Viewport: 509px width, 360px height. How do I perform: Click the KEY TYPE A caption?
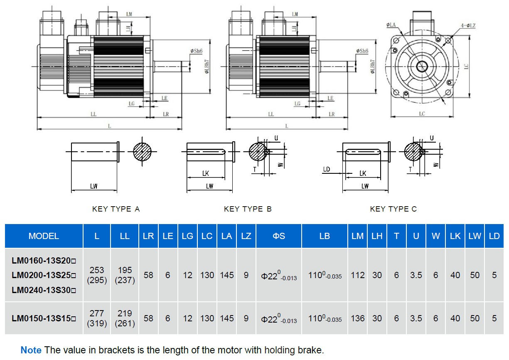pos(116,209)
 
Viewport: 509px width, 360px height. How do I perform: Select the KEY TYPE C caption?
pos(393,209)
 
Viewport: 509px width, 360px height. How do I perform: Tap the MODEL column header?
pos(44,236)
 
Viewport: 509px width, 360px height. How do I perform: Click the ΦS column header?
pos(279,236)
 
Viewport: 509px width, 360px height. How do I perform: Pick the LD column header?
pos(494,236)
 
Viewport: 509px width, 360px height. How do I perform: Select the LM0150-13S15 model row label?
pos(44,318)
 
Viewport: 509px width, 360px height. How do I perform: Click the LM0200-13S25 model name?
pos(44,275)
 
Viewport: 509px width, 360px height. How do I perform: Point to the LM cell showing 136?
pos(357,318)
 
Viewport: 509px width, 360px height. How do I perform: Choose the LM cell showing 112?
pos(357,275)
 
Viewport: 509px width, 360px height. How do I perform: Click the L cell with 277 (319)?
pos(97,318)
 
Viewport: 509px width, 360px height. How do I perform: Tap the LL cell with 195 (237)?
pos(125,275)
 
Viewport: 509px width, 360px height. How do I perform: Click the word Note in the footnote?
pos(31,350)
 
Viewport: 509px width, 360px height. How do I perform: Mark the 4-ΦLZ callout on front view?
pos(467,26)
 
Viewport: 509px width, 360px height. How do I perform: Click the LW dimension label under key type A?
pos(94,186)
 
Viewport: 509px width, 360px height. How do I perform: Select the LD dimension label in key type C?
pos(326,169)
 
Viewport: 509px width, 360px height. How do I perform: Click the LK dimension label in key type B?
pos(205,173)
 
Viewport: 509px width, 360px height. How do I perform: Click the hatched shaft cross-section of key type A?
pos(142,152)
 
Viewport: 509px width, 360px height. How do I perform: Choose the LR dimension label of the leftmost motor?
pos(166,114)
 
